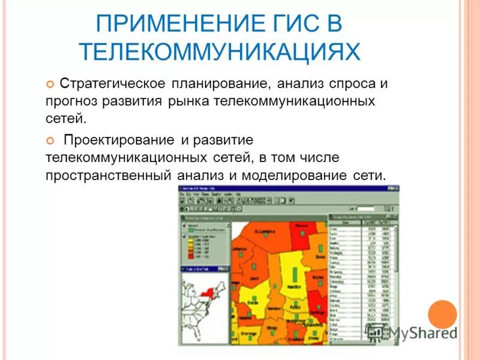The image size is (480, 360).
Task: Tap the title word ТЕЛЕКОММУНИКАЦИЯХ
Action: tap(220, 52)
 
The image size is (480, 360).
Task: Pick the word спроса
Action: tap(352, 83)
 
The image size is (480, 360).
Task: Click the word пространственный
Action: tap(108, 175)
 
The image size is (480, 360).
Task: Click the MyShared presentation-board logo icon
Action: tap(375, 332)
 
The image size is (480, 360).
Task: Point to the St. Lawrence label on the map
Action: tap(265, 230)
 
